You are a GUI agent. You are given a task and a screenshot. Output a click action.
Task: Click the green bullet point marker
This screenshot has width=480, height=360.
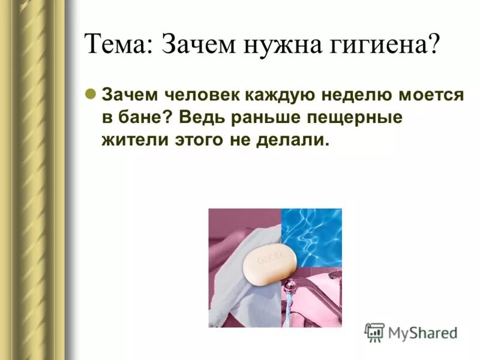91,94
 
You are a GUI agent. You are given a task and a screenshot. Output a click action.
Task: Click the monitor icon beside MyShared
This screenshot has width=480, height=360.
374,332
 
